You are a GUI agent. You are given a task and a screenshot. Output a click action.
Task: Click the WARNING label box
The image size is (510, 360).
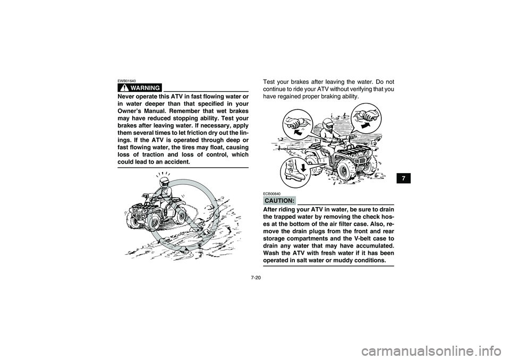coord(141,87)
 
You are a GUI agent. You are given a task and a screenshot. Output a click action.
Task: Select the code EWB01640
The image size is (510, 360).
coord(126,81)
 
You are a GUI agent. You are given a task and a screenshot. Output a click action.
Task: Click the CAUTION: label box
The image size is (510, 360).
coord(279,200)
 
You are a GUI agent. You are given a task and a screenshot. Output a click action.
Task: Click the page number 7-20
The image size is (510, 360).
coord(254,276)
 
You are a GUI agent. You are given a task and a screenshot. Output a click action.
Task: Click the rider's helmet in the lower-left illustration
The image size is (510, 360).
coord(165,183)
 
